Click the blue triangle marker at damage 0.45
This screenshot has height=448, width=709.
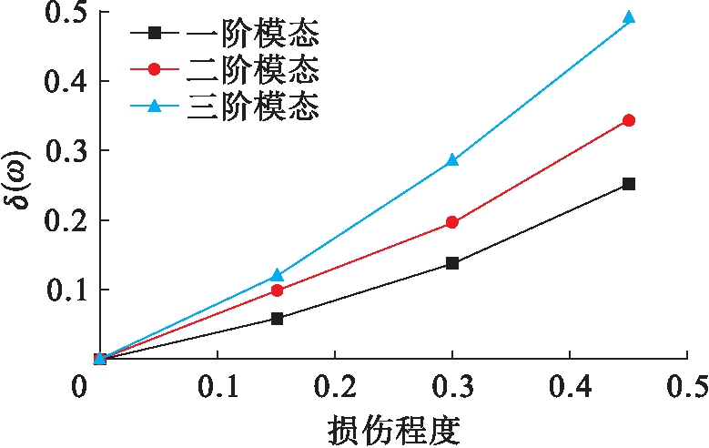628,17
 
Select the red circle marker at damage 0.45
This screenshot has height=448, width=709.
628,120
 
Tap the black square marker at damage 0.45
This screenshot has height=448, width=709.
628,184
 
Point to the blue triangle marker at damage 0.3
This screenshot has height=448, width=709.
452,160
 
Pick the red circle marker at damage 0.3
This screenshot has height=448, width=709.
452,222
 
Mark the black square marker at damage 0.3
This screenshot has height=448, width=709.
452,263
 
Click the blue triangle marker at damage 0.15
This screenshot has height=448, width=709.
278,274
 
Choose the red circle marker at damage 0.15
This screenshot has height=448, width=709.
278,290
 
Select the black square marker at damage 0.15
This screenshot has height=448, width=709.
278,319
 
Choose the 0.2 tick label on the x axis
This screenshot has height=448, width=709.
335,386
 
